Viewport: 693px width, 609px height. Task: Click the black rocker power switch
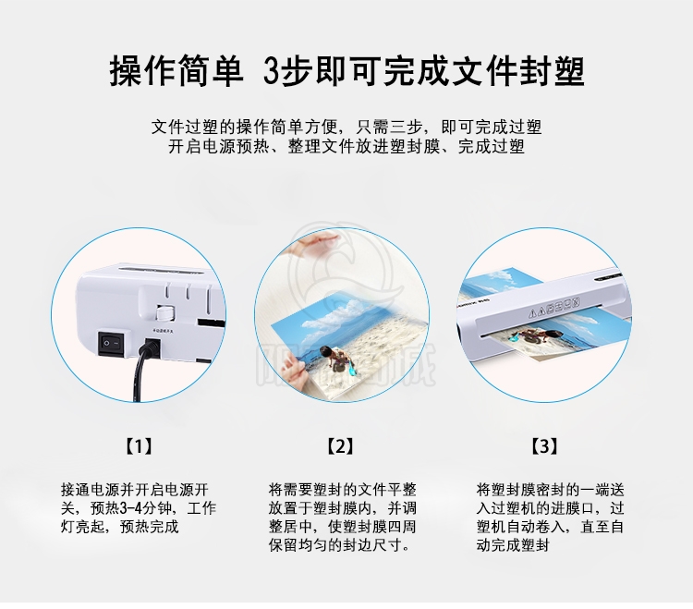111,343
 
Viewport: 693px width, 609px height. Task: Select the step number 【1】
139,446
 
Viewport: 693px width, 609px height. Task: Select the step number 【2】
340,446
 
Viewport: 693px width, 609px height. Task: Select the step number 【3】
543,446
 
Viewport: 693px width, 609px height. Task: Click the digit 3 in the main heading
272,71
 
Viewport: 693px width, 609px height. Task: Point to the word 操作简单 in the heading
176,71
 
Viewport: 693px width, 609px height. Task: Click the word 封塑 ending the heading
552,71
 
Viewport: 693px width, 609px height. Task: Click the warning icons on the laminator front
553,307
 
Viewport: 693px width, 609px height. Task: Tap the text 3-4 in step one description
131,508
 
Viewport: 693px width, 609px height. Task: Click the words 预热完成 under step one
150,527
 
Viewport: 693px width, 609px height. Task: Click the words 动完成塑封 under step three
513,545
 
